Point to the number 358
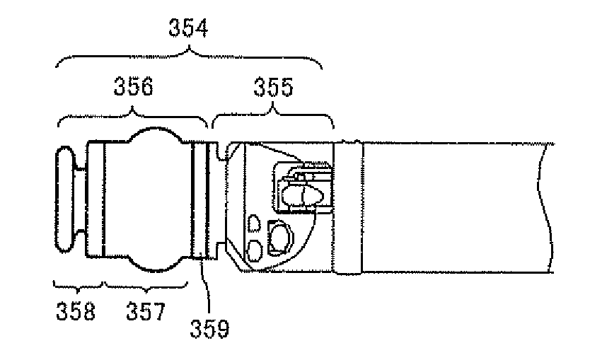pyautogui.click(x=76, y=311)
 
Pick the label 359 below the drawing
pyautogui.click(x=210, y=329)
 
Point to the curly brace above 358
pyautogui.click(x=79, y=286)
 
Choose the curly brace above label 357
pyautogui.click(x=144, y=286)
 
